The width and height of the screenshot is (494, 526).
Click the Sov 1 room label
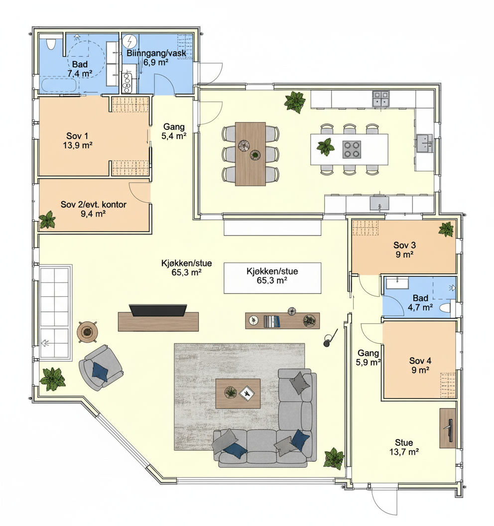pos(77,136)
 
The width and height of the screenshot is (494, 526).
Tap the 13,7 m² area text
pos(404,452)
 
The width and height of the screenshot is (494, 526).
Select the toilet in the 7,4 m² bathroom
pos(51,44)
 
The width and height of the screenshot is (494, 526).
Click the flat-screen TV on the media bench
pos(158,310)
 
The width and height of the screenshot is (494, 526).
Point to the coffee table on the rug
pos(238,394)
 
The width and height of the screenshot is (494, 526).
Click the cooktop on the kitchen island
pos(352,149)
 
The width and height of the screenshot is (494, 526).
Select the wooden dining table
pos(250,154)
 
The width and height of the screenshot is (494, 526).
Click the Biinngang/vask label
pos(156,53)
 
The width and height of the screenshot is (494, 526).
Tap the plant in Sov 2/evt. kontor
pos(48,220)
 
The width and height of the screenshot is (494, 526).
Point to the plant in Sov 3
pos(446,229)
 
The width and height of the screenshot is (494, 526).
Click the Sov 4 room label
pos(420,361)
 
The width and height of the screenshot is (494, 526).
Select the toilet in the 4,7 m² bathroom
pos(446,308)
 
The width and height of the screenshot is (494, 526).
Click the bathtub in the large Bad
pos(59,85)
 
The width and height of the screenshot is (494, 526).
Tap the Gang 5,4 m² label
pos(174,131)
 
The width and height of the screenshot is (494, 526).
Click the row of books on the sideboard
pos(271,321)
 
